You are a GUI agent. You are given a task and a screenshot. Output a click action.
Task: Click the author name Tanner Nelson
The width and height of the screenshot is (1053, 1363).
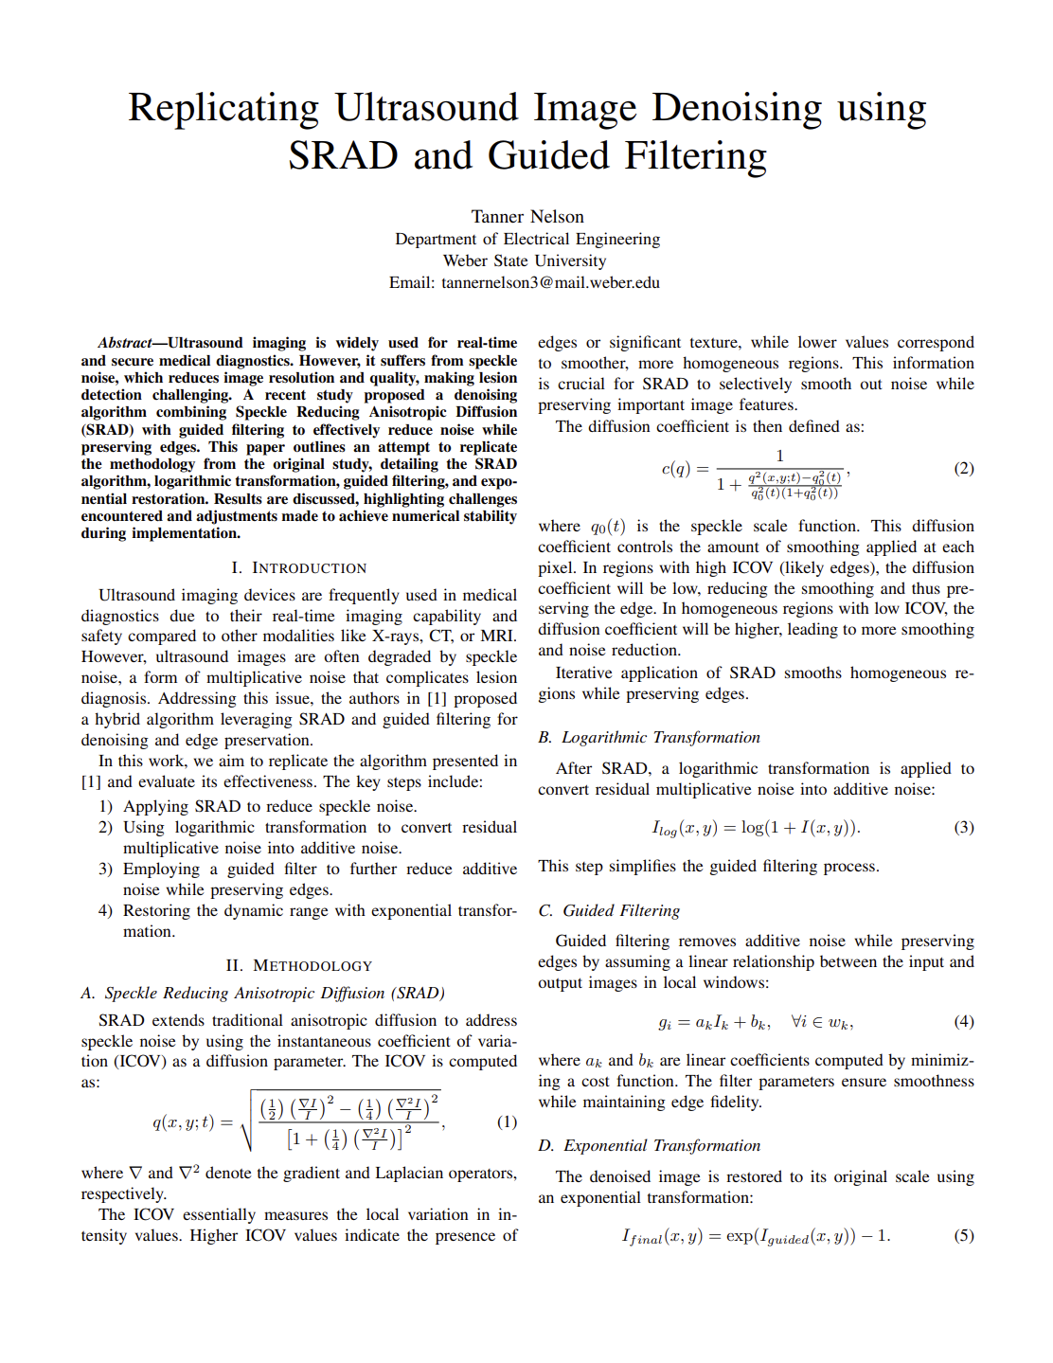coord(527,217)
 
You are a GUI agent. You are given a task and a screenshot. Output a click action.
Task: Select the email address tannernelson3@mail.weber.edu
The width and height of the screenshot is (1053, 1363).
coord(550,282)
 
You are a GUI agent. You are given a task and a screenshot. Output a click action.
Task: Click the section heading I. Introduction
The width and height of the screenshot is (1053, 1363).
coord(298,567)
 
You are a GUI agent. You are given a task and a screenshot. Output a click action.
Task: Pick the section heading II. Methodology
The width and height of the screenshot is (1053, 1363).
coord(298,965)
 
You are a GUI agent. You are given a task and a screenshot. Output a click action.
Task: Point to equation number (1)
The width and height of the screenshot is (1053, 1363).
coord(507,1121)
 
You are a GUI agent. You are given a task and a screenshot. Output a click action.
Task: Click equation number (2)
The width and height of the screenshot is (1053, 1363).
coord(963,468)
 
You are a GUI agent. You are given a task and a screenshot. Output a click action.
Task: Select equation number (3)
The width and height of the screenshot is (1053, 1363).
coord(963,827)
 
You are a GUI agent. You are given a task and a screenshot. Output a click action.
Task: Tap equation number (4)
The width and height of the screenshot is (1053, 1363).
coord(963,1021)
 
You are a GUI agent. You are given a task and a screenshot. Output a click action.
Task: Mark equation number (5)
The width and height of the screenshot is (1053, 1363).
coord(963,1235)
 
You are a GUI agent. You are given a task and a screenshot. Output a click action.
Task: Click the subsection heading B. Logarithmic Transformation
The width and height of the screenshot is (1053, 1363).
coord(649,737)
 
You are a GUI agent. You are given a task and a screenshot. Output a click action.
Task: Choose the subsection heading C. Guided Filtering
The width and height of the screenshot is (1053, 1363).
coord(609,910)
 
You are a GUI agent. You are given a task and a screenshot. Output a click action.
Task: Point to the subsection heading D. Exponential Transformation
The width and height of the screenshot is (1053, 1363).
coord(649,1145)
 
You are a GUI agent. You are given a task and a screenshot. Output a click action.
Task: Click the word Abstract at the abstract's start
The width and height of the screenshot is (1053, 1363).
coord(125,343)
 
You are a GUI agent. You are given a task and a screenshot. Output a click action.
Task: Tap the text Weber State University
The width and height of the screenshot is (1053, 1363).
coord(525,260)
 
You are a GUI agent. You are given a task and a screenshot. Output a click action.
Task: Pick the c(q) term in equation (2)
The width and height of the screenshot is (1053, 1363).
coord(674,469)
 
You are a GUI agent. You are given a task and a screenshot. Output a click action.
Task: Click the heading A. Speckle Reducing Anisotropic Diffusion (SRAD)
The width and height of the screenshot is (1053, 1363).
coord(262,993)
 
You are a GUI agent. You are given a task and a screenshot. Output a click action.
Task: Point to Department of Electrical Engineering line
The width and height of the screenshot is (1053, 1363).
coord(527,239)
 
